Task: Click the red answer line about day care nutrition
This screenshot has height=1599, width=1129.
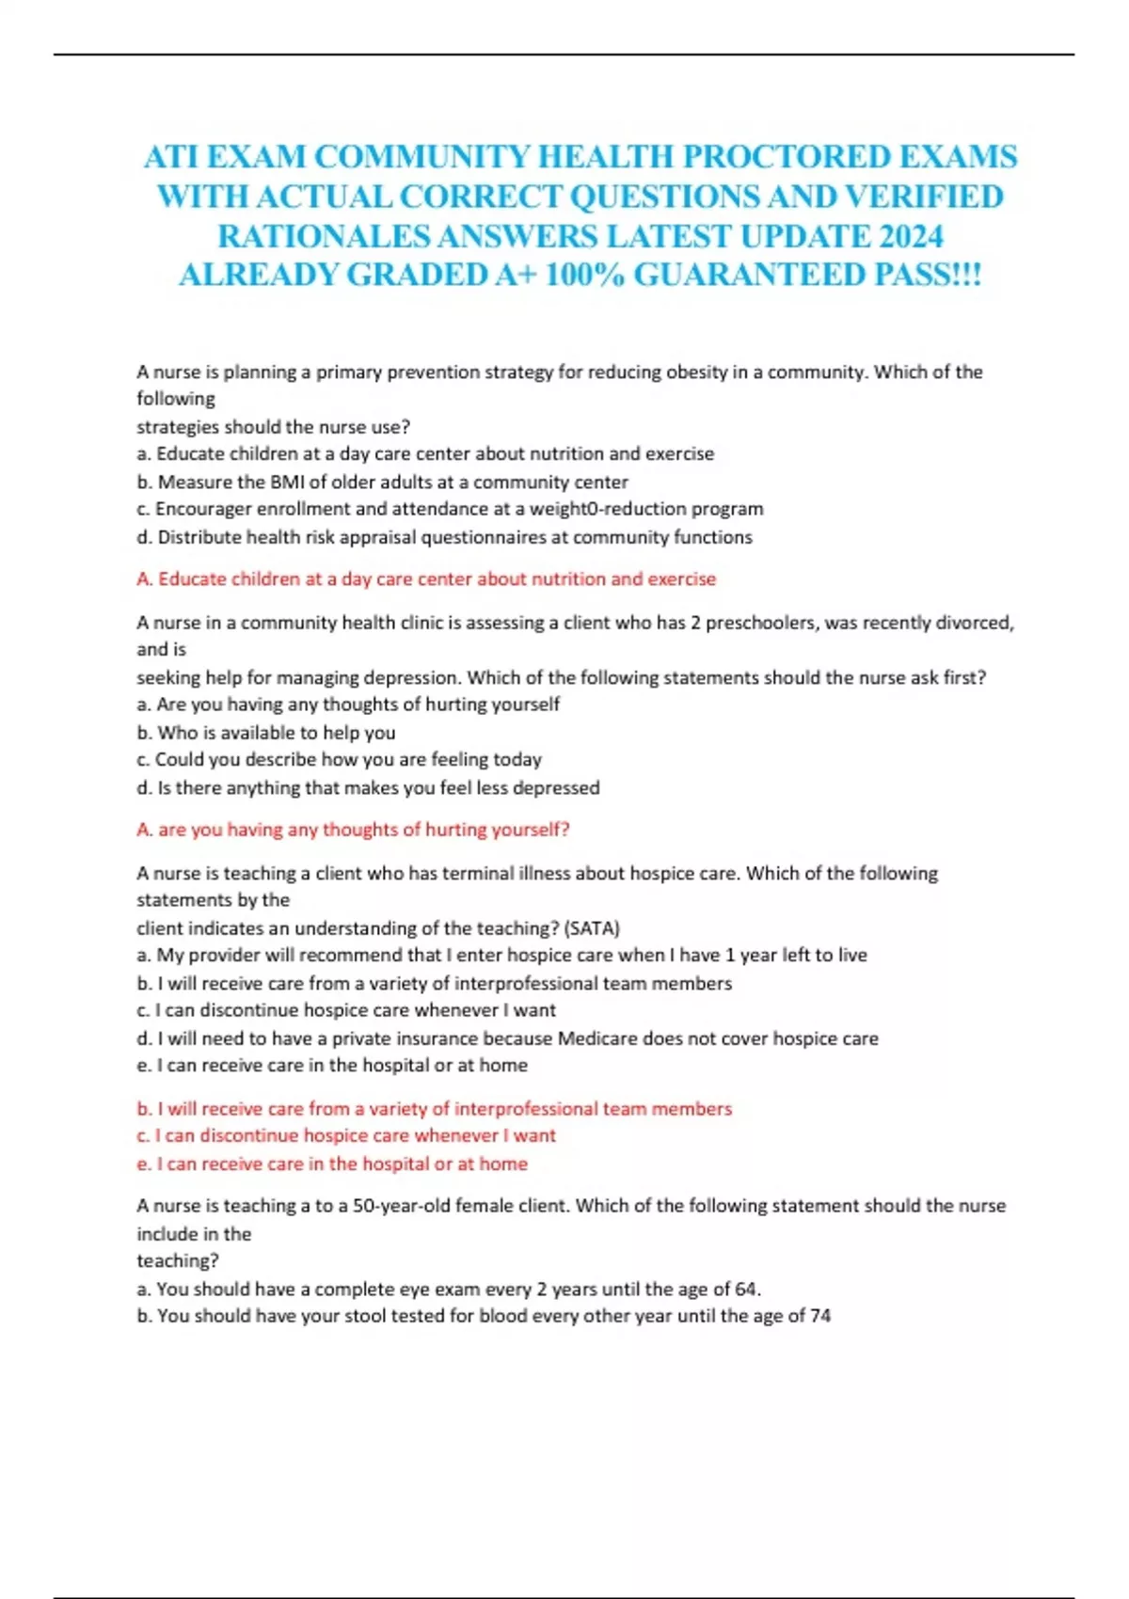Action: click(x=426, y=579)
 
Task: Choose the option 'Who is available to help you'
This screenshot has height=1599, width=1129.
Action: click(x=276, y=733)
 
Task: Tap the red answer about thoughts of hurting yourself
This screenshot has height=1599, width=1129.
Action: click(x=353, y=830)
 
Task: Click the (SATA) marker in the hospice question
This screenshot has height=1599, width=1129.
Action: click(x=591, y=928)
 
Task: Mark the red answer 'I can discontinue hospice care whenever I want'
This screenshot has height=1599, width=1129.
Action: click(x=346, y=1136)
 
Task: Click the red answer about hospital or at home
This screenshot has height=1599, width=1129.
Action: click(x=332, y=1164)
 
